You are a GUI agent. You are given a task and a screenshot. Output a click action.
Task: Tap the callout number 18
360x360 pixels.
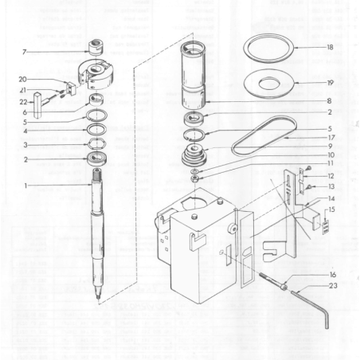329,48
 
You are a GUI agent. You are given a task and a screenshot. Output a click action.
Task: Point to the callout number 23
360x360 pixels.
333,284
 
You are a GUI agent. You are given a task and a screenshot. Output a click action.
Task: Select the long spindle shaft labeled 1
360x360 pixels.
100,231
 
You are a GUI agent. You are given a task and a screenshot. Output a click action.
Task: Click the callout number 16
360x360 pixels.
333,273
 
